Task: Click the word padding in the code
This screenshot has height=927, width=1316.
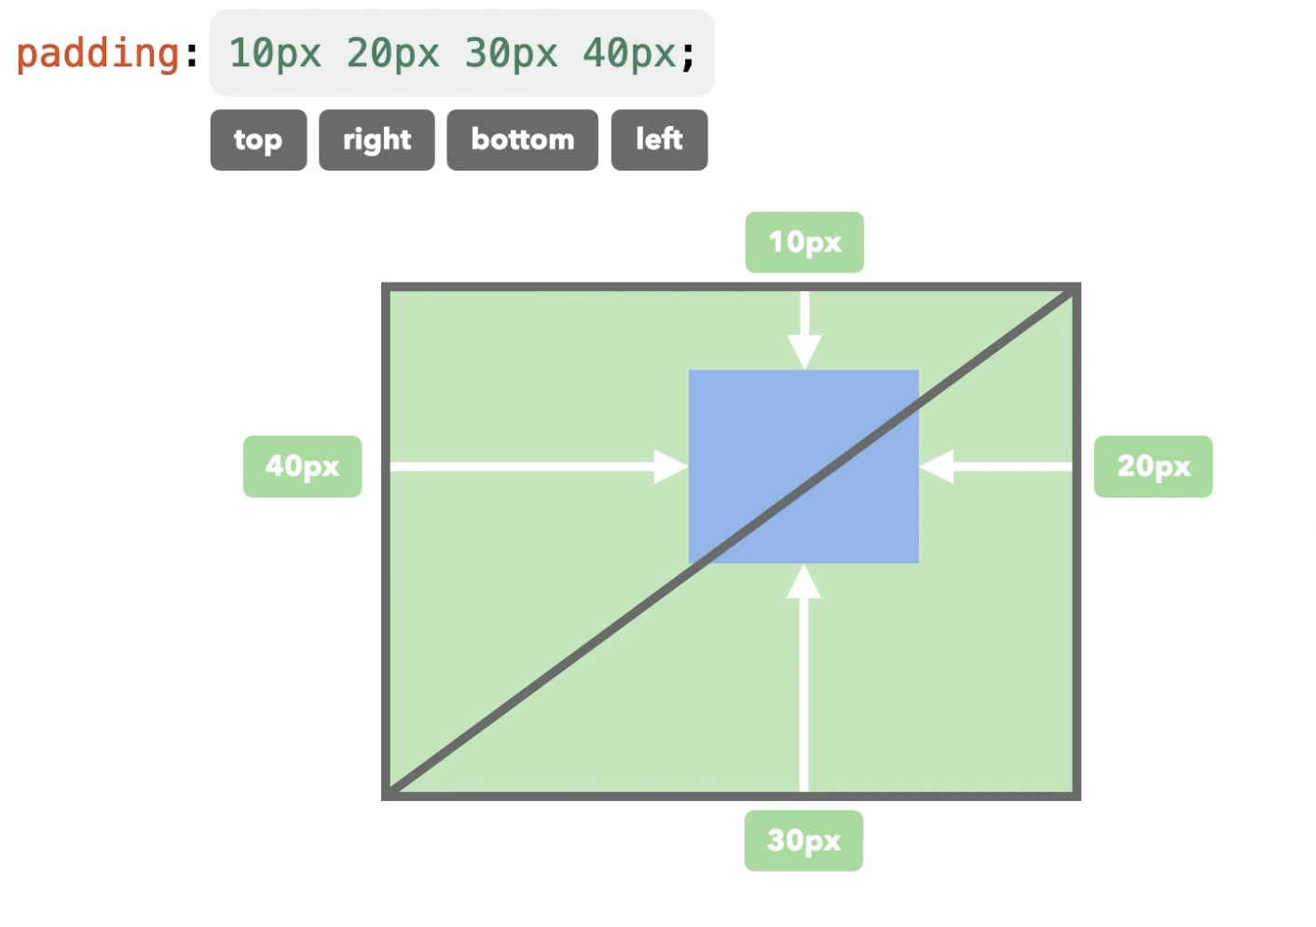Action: [98, 53]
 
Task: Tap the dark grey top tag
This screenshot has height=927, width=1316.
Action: [258, 140]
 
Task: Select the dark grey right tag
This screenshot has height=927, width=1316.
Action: [377, 140]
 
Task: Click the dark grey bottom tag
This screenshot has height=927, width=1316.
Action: [522, 140]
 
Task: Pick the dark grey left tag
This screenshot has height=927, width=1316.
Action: [659, 140]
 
